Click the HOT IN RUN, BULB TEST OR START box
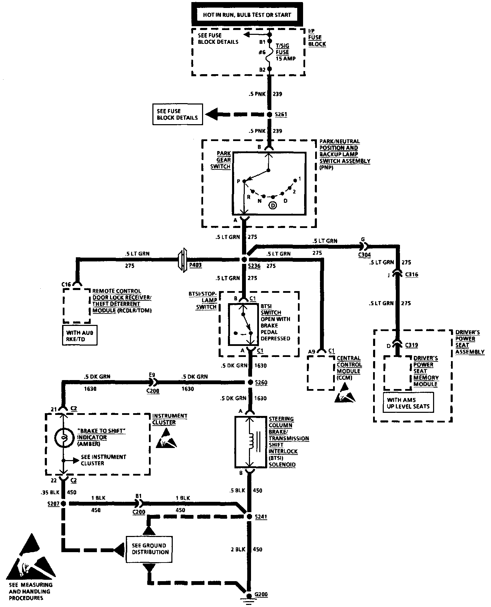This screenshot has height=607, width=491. pyautogui.click(x=247, y=14)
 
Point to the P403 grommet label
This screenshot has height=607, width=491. pyautogui.click(x=196, y=266)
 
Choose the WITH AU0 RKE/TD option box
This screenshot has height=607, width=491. pyautogui.click(x=80, y=336)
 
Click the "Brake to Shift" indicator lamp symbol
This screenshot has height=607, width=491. pyautogui.click(x=63, y=437)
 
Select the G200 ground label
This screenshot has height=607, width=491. pyautogui.click(x=261, y=595)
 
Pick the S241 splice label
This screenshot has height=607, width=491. pyautogui.click(x=261, y=517)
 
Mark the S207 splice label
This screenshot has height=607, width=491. pyautogui.click(x=53, y=504)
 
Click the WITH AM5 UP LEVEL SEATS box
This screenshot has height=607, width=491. pyautogui.click(x=408, y=403)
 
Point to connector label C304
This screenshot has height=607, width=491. pyautogui.click(x=364, y=255)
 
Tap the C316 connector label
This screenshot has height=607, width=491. pyautogui.click(x=412, y=275)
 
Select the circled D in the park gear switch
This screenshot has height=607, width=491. pyautogui.click(x=273, y=206)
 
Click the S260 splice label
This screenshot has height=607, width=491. pyautogui.click(x=261, y=382)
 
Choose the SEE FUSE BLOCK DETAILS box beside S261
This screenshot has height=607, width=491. pyautogui.click(x=177, y=115)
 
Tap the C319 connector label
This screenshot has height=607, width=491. pyautogui.click(x=412, y=345)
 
